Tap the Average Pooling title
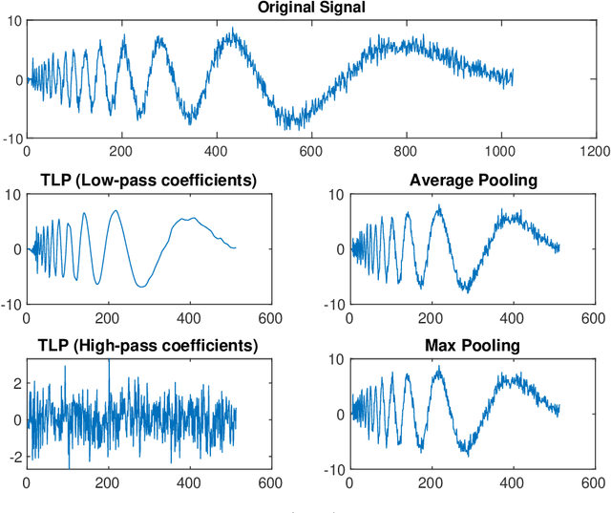[x=473, y=180]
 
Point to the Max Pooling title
[x=473, y=345]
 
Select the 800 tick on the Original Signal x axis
[x=405, y=151]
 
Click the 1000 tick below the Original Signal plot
[x=500, y=151]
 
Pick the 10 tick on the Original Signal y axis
[x=12, y=20]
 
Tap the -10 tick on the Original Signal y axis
[x=11, y=139]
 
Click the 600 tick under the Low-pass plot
[x=270, y=318]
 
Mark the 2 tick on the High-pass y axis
[x=15, y=382]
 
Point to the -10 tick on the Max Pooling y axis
[x=335, y=470]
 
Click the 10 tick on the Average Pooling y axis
[x=337, y=195]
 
